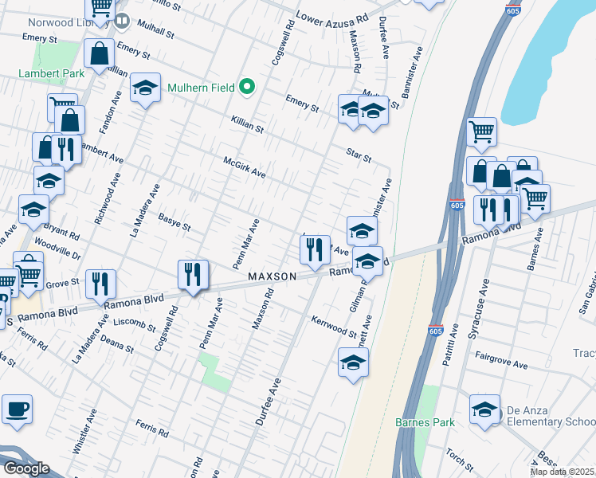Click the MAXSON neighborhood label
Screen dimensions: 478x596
tap(272, 276)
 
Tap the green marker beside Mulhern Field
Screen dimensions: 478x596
tap(248, 87)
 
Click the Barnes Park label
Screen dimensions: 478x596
tap(425, 421)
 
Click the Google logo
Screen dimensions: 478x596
tap(26, 468)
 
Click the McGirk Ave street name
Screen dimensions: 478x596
tap(244, 167)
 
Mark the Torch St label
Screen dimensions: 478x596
tap(460, 458)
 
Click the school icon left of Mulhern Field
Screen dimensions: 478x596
tap(145, 90)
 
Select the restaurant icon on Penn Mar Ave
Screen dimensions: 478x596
tap(193, 275)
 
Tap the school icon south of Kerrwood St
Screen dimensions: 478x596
tap(353, 362)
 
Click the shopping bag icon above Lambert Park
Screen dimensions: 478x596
tap(100, 54)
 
